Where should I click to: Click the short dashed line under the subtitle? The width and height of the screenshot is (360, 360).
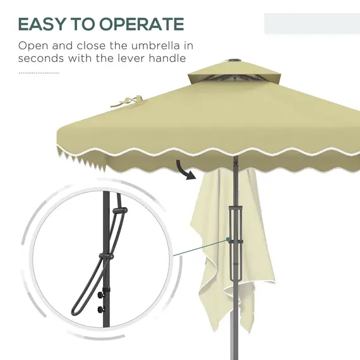click(x=39, y=73)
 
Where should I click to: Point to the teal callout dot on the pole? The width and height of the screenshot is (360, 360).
click(x=226, y=239)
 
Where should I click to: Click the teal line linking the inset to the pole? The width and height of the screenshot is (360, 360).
click(x=198, y=248)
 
